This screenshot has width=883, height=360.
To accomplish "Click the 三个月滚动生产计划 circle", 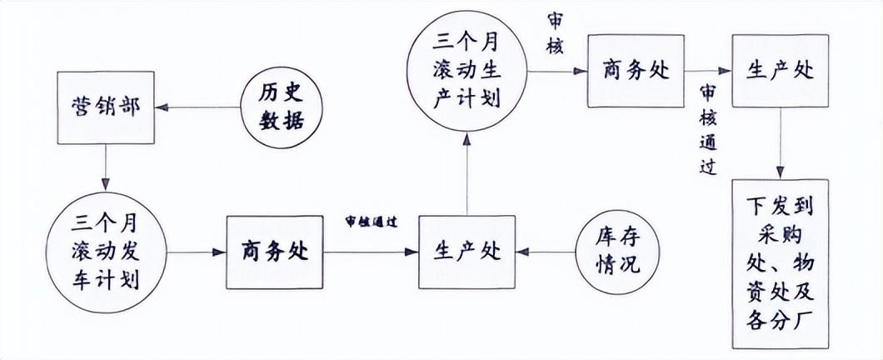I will (466, 70).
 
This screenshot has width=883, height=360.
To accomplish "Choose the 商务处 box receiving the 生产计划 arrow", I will (636, 71).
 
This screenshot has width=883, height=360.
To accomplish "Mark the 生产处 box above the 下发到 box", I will (780, 71).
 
